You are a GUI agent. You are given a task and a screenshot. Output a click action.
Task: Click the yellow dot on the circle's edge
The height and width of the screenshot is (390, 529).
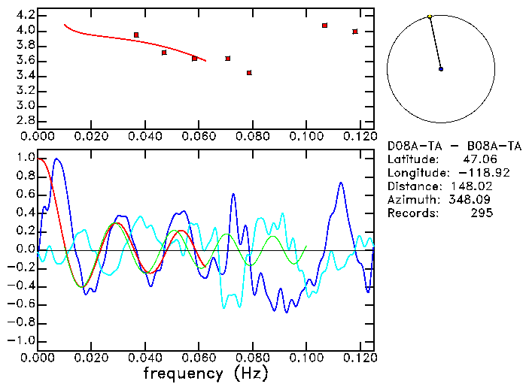[x=430, y=17]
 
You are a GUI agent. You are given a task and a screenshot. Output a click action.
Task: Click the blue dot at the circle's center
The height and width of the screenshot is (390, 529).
[x=441, y=69]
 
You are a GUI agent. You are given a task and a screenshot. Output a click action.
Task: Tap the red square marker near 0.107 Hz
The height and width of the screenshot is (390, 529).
[x=324, y=26]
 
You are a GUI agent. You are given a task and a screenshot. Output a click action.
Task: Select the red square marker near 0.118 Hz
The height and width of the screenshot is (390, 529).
[x=355, y=32]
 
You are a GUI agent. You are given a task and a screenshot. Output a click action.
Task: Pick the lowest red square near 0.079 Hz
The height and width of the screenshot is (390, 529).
[x=249, y=73]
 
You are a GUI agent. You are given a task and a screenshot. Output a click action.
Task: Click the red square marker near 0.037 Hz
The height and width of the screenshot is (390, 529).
[x=136, y=35]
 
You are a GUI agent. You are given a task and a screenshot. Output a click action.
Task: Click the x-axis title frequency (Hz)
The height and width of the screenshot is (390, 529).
[x=205, y=373]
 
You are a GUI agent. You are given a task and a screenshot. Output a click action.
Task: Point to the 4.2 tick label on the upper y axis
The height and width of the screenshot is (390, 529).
[x=26, y=15]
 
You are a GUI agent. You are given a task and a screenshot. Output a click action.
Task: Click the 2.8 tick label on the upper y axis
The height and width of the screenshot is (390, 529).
[x=26, y=120]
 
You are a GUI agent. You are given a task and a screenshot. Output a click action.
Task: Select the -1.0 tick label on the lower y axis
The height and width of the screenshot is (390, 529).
[x=23, y=340]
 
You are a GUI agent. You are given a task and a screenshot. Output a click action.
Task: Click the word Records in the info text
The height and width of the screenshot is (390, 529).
[x=411, y=213]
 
